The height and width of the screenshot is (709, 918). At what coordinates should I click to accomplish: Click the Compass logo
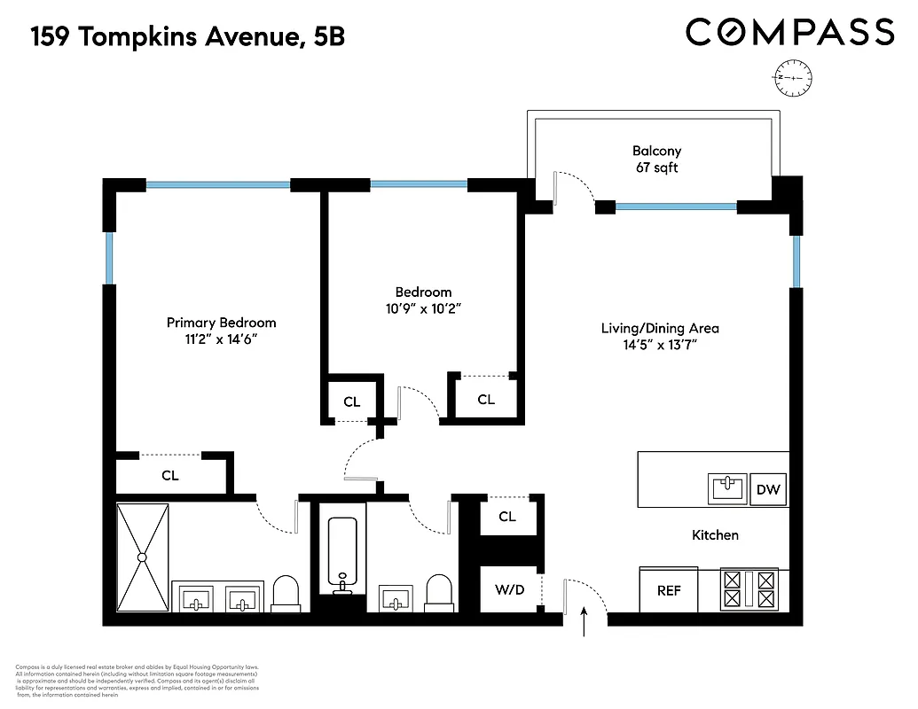[x=789, y=33]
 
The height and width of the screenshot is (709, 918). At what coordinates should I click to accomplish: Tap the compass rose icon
[x=792, y=78]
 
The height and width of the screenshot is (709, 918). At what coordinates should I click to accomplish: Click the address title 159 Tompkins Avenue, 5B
[x=187, y=37]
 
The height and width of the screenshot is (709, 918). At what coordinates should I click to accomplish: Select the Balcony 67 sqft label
[x=656, y=160]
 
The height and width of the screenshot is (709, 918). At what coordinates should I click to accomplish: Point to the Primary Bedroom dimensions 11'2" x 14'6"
[x=221, y=339]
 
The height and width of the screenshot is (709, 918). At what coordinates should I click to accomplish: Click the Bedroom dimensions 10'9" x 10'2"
[x=423, y=308]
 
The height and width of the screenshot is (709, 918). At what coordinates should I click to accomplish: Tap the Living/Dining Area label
[x=660, y=328]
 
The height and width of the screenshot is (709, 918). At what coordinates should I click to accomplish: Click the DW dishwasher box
[x=767, y=489]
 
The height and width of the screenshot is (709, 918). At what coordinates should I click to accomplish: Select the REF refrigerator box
[x=669, y=590]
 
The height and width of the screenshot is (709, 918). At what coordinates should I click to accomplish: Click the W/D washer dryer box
[x=508, y=589]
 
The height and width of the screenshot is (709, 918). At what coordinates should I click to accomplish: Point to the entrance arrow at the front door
[x=584, y=622]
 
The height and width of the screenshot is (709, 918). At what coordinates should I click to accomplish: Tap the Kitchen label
[x=715, y=535]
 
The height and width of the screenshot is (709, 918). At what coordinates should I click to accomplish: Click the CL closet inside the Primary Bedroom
[x=170, y=475]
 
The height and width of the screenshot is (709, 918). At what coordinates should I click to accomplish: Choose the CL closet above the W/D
[x=507, y=517]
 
